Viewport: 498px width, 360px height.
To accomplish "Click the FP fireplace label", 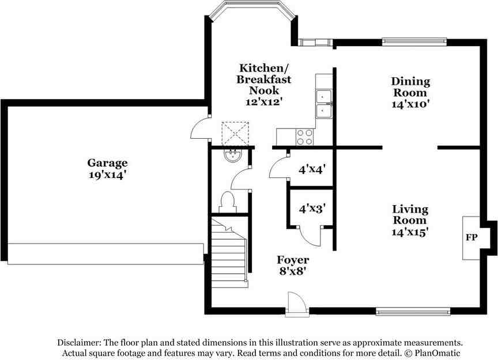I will point(471,237).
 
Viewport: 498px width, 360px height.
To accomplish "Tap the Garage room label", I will point(107,163).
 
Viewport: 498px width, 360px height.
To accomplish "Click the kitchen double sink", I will point(324,103).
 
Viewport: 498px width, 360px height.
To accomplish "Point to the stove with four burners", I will point(304,137).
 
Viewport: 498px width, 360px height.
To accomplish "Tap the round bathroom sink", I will point(233,155).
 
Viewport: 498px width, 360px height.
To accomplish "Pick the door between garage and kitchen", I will point(199,128).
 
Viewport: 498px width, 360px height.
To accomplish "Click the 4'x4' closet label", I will point(312,169).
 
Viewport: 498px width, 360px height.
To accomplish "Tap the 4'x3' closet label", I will point(312,209).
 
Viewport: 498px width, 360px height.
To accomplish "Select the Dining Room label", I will point(410,87).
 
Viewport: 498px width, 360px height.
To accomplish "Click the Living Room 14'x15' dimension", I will point(410,232).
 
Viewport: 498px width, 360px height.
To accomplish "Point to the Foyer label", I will point(293,260).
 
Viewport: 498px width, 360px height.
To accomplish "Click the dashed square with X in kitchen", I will point(236,134).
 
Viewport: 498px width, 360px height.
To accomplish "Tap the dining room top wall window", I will point(413,41).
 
